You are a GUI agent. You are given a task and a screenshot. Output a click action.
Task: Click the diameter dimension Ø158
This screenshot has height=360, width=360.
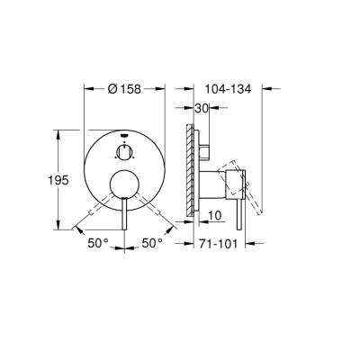pyautogui.click(x=125, y=90)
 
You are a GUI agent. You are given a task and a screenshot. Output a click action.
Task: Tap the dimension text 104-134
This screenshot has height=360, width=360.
pyautogui.click(x=228, y=90)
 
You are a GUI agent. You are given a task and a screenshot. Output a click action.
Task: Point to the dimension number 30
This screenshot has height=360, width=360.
pyautogui.click(x=202, y=108)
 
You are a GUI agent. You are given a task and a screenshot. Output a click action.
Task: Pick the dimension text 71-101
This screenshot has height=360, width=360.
pyautogui.click(x=222, y=243)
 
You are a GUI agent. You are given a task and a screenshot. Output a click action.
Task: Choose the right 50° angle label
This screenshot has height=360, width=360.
pyautogui.click(x=152, y=243)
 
